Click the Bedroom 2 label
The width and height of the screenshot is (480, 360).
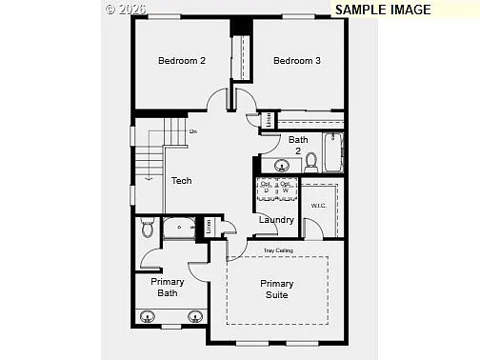click(181, 61)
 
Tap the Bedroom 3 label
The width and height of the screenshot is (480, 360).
click(296, 61)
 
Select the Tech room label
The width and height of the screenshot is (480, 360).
click(181, 180)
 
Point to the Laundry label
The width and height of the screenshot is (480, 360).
click(276, 220)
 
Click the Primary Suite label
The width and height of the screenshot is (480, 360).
click(277, 290)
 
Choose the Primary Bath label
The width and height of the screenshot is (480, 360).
click(168, 288)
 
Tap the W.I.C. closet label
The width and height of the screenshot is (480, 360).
click(318, 206)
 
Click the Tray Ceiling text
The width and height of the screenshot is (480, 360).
click(278, 250)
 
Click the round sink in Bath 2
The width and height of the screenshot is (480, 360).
click(282, 167)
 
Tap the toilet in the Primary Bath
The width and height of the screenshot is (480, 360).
click(148, 228)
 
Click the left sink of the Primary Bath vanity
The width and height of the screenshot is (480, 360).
click(149, 317)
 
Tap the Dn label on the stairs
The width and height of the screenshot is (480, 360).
click(192, 131)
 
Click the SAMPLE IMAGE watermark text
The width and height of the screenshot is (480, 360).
click(382, 10)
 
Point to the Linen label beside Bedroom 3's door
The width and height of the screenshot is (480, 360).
click(269, 119)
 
